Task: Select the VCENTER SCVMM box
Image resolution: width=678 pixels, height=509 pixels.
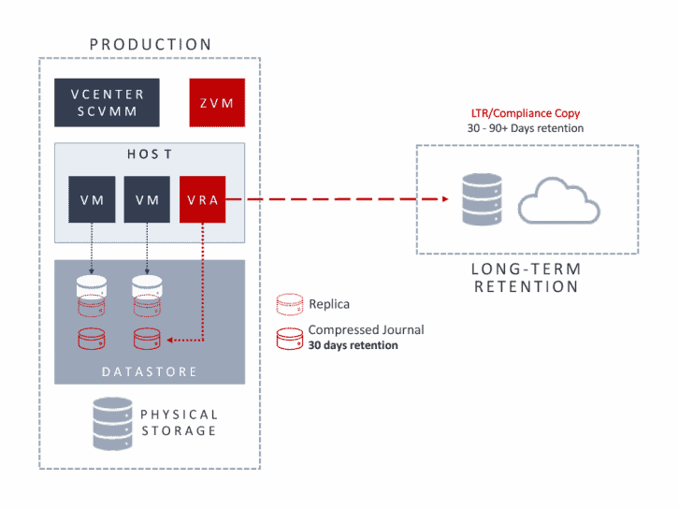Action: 107,102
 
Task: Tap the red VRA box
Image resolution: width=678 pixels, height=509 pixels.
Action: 202,199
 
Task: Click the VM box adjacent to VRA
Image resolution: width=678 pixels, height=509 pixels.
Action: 147,199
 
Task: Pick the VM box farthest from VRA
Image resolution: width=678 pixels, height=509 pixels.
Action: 92,199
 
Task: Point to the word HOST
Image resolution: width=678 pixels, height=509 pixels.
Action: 149,153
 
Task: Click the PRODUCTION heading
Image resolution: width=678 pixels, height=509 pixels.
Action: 150,44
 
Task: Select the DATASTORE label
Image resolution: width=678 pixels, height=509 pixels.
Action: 150,371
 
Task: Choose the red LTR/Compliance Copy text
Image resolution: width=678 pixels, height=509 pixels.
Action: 527,113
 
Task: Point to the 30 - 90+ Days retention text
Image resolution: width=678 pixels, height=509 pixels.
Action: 527,128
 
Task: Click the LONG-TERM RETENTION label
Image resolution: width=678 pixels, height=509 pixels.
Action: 527,278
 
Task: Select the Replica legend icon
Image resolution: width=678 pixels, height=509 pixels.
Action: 288,304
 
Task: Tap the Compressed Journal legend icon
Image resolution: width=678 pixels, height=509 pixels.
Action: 288,337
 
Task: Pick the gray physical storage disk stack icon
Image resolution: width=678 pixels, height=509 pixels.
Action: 112,423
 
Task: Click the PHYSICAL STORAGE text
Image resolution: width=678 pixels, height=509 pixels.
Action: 179,423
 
